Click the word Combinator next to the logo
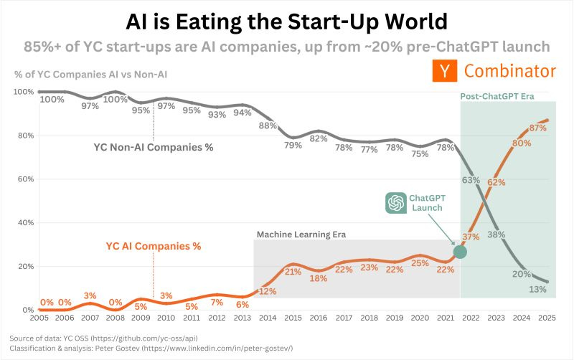pyautogui.click(x=510, y=72)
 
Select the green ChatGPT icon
pyautogui.click(x=395, y=203)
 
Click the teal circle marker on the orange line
pyautogui.click(x=460, y=251)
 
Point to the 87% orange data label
pyautogui.click(x=539, y=128)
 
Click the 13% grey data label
pyautogui.click(x=539, y=290)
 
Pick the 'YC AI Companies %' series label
pyautogui.click(x=154, y=246)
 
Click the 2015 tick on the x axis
pyautogui.click(x=293, y=318)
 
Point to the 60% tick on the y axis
pyautogui.click(x=24, y=179)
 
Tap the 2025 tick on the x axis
pyautogui.click(x=546, y=318)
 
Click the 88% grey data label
pyautogui.click(x=268, y=125)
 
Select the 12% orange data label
pyautogui.click(x=268, y=291)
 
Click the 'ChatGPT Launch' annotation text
pyautogui.click(x=425, y=202)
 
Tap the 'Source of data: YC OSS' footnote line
pyautogui.click(x=103, y=337)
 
